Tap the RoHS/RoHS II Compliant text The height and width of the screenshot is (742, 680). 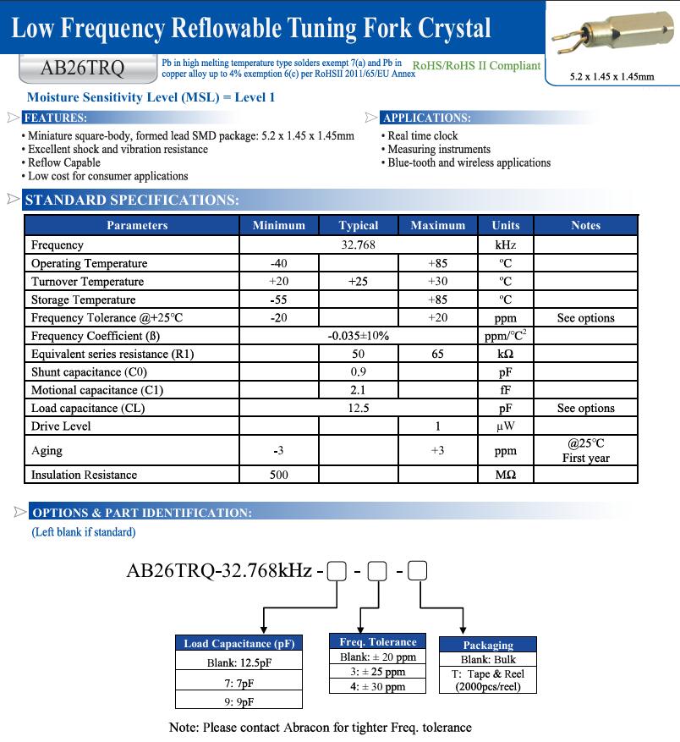pos(476,66)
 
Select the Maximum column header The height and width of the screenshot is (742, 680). pos(437,226)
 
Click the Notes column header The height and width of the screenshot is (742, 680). pos(585,226)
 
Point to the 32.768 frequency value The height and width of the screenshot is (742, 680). pos(358,245)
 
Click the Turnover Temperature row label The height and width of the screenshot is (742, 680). pos(87,282)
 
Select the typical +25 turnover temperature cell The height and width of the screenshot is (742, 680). pos(358,282)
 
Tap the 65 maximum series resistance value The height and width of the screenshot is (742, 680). pos(437,354)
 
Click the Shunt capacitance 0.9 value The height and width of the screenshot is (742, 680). pos(358,372)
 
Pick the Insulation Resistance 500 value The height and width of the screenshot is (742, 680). pos(278,475)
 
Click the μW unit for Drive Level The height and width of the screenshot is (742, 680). pos(505,426)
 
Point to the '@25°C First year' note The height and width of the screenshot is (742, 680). pos(585,450)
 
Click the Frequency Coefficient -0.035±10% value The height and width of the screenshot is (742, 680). pos(358,336)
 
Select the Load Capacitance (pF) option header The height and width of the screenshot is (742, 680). pos(239,644)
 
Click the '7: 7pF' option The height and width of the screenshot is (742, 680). pos(239,683)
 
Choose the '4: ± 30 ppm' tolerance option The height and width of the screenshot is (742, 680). pos(378,687)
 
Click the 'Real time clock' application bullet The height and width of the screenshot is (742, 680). pos(422,136)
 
